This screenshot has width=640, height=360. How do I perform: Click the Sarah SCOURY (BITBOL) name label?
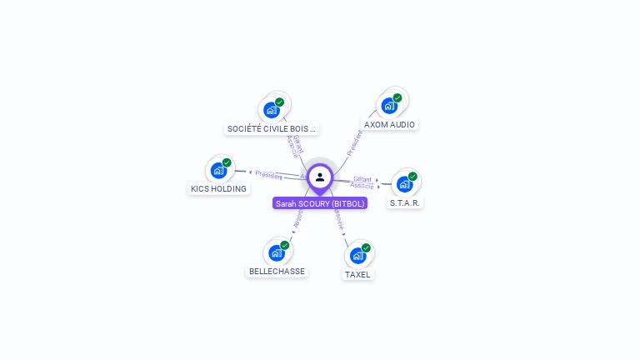tap(320, 203)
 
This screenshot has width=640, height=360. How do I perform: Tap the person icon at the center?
tap(320, 177)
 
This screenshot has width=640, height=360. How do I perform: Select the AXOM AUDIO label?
tap(389, 125)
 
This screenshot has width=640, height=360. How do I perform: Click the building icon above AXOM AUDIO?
tap(388, 106)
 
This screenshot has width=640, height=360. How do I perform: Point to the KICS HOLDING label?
tap(218, 188)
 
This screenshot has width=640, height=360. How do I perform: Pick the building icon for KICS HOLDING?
tap(218, 170)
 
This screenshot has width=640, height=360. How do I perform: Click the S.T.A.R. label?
tap(406, 202)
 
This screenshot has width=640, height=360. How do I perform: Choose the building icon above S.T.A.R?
tap(404, 183)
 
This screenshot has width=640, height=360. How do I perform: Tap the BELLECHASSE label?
tap(277, 271)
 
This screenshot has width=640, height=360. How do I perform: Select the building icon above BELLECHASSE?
tap(276, 252)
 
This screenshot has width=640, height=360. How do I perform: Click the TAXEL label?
tap(357, 274)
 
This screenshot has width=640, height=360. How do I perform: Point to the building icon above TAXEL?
tap(357, 255)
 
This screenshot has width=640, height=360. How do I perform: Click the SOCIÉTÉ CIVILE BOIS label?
tap(272, 128)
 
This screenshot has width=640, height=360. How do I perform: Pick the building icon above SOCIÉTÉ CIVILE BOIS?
tap(272, 109)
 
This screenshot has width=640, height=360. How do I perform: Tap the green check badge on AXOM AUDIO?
tap(397, 98)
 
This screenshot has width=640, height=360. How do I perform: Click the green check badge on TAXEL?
tap(366, 247)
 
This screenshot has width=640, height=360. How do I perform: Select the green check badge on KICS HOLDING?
tap(227, 162)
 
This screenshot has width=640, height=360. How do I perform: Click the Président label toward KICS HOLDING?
tap(268, 175)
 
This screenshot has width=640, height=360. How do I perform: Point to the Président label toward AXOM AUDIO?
tap(354, 142)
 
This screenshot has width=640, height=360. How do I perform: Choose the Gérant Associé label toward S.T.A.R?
tap(362, 182)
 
